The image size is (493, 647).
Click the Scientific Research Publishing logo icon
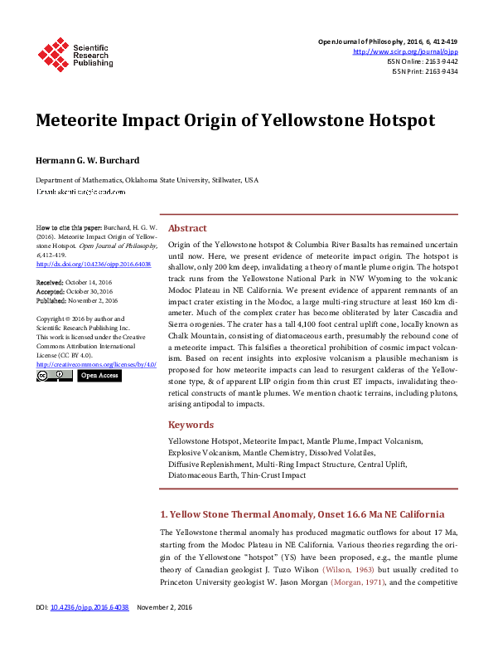click(53, 54)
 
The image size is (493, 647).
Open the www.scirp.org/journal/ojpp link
click(405, 51)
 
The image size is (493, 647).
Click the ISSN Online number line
click(422, 61)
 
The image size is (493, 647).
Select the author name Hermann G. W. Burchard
click(88, 159)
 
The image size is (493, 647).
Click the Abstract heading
click(187, 228)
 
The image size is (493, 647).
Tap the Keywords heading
click(191, 425)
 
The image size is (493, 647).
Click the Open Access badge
click(99, 376)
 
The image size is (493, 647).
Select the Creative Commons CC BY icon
click(54, 376)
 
